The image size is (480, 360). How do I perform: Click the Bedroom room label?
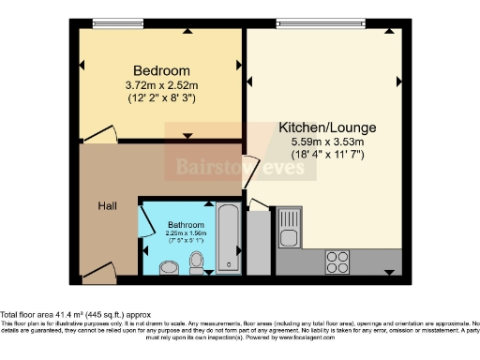161,70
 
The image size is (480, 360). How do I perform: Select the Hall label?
107,205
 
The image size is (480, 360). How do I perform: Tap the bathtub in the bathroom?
228,240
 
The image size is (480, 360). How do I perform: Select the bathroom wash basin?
168,268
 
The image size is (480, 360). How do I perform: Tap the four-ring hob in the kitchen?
337,260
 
